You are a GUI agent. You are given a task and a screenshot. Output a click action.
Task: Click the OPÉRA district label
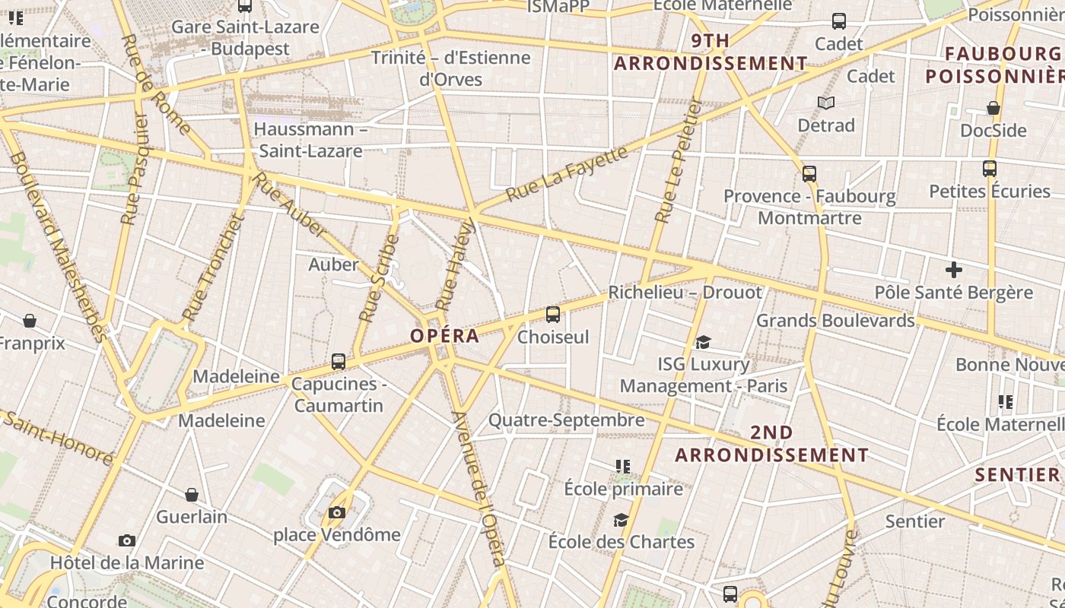(x=445, y=336)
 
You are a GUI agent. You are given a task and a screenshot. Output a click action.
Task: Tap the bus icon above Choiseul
(x=553, y=314)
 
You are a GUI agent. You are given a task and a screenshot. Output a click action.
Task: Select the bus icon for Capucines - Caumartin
(x=339, y=362)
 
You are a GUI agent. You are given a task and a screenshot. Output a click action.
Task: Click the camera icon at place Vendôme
(x=337, y=513)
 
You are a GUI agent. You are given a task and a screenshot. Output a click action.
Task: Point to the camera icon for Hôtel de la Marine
(x=127, y=541)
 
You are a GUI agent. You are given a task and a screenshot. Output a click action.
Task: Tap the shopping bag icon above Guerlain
(x=192, y=495)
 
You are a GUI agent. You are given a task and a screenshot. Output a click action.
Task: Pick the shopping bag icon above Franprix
(x=30, y=321)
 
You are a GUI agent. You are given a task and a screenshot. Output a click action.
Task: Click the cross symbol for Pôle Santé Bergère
(x=953, y=270)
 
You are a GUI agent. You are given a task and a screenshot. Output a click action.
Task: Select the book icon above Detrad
(x=826, y=103)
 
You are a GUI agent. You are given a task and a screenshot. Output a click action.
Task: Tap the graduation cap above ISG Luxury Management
(x=703, y=343)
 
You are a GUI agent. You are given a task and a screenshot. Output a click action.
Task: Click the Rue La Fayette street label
(x=567, y=173)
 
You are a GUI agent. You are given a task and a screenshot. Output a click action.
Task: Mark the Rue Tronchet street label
(x=214, y=267)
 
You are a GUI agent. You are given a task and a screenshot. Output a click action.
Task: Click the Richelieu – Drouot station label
(x=685, y=293)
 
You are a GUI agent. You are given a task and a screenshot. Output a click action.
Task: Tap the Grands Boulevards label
(x=835, y=321)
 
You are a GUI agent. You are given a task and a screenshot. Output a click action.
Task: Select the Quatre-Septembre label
(x=566, y=420)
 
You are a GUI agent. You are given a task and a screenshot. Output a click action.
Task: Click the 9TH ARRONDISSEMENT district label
(x=711, y=52)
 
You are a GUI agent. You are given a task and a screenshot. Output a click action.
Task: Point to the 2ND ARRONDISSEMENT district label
(x=772, y=444)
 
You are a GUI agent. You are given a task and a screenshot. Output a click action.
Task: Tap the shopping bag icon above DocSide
(x=993, y=108)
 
